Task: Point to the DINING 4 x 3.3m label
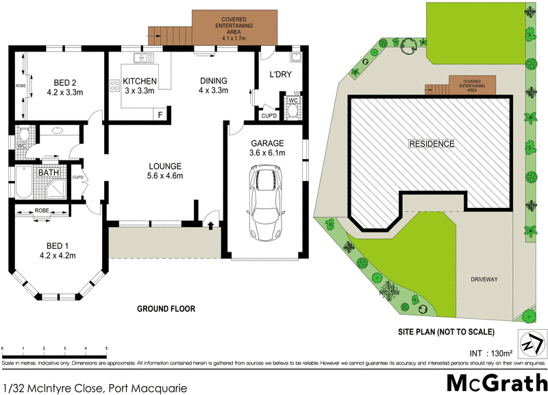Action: pos(212,86)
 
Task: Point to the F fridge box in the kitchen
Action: pos(160,115)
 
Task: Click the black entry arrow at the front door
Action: pos(210,224)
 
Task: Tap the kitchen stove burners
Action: pos(114,86)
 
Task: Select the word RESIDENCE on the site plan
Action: pos(432,144)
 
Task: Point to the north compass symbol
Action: pos(532,344)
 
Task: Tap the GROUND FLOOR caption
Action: pos(166,309)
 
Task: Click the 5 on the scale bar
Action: pos(106,350)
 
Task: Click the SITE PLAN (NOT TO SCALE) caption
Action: pos(446,332)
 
